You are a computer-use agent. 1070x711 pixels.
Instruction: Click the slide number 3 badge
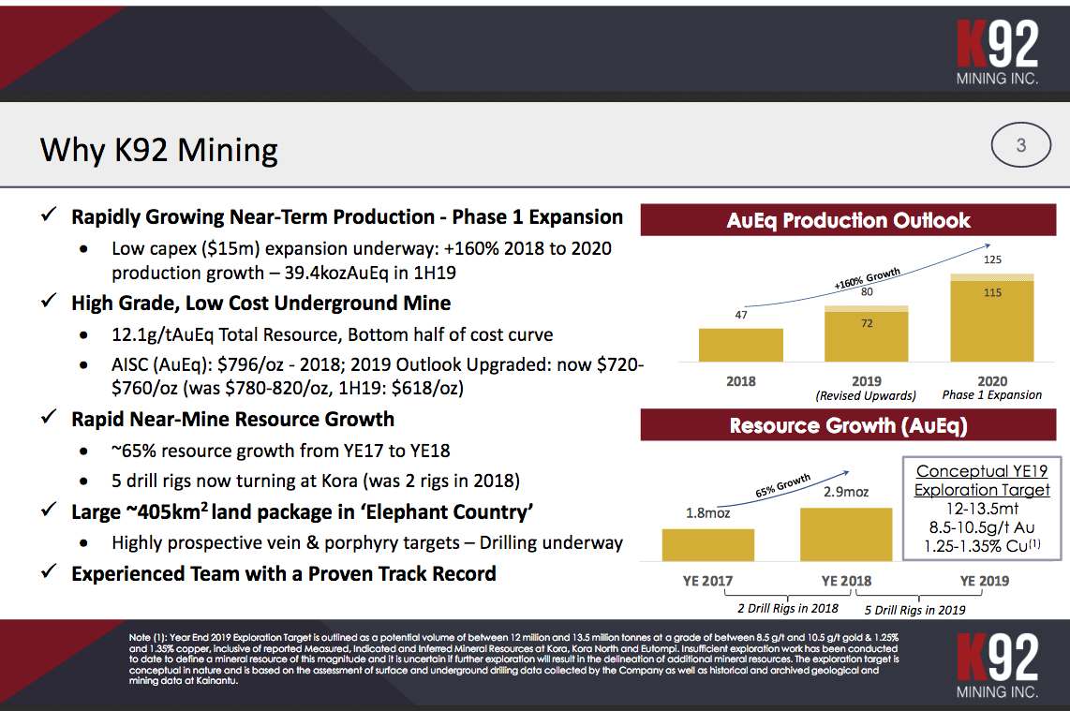pos(1021,146)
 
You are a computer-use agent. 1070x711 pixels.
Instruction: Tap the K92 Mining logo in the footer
pos(998,663)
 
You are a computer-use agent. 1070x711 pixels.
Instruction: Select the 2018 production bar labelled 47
pos(740,345)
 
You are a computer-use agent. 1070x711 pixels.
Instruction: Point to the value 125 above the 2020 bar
pos(992,259)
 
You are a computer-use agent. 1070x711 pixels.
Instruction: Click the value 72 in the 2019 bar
pos(867,323)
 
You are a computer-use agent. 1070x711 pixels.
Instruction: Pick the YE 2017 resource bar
pos(707,545)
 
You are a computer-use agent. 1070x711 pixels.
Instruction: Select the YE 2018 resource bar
pos(846,535)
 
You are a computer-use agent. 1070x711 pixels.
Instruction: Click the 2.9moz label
pos(846,493)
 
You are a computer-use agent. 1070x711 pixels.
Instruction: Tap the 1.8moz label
pos(707,513)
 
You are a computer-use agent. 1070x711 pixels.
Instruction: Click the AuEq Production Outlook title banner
pos(849,221)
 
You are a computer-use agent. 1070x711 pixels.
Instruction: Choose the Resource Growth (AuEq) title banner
pos(849,426)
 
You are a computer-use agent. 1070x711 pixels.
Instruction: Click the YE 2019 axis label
pos(985,581)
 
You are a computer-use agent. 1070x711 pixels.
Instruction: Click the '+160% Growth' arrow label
pos(867,280)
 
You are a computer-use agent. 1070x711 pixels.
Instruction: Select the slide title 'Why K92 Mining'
pos(159,150)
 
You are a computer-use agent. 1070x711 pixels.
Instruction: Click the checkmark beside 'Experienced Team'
pos(50,573)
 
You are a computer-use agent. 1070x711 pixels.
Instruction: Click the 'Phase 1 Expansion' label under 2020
pos(992,395)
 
